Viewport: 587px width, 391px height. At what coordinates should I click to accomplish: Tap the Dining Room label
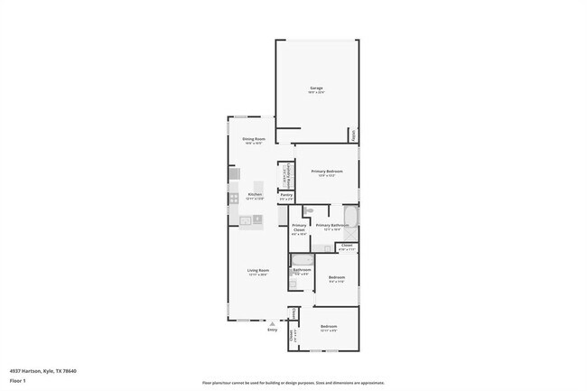253,139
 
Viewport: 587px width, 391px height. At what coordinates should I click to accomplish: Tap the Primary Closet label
299,228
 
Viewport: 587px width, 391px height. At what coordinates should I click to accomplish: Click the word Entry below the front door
272,330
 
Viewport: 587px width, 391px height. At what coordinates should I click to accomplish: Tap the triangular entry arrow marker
272,322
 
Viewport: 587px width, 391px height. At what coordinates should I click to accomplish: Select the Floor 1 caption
17,381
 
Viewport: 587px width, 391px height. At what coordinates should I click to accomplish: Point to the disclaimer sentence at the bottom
293,384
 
